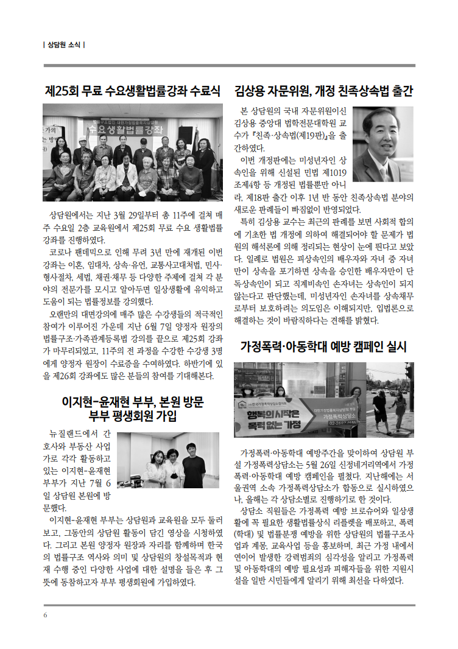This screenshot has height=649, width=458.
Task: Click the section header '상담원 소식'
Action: [x=65, y=44]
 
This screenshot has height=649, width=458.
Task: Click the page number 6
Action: [x=45, y=614]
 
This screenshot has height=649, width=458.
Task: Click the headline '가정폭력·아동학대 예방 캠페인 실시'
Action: [x=323, y=347]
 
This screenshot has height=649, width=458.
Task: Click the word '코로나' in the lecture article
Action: [x=62, y=252]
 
